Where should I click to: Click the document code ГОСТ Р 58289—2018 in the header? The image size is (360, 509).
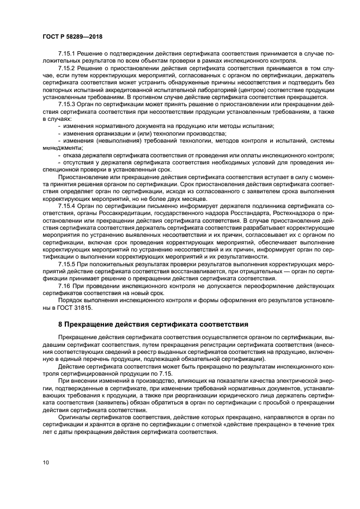pos(72,36)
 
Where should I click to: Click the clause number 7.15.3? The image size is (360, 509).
pos(68,103)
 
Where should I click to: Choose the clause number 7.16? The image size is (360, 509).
pos(65,285)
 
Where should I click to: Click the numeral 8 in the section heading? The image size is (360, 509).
pos(60,324)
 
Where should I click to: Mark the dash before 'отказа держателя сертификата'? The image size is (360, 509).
pos(59,155)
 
